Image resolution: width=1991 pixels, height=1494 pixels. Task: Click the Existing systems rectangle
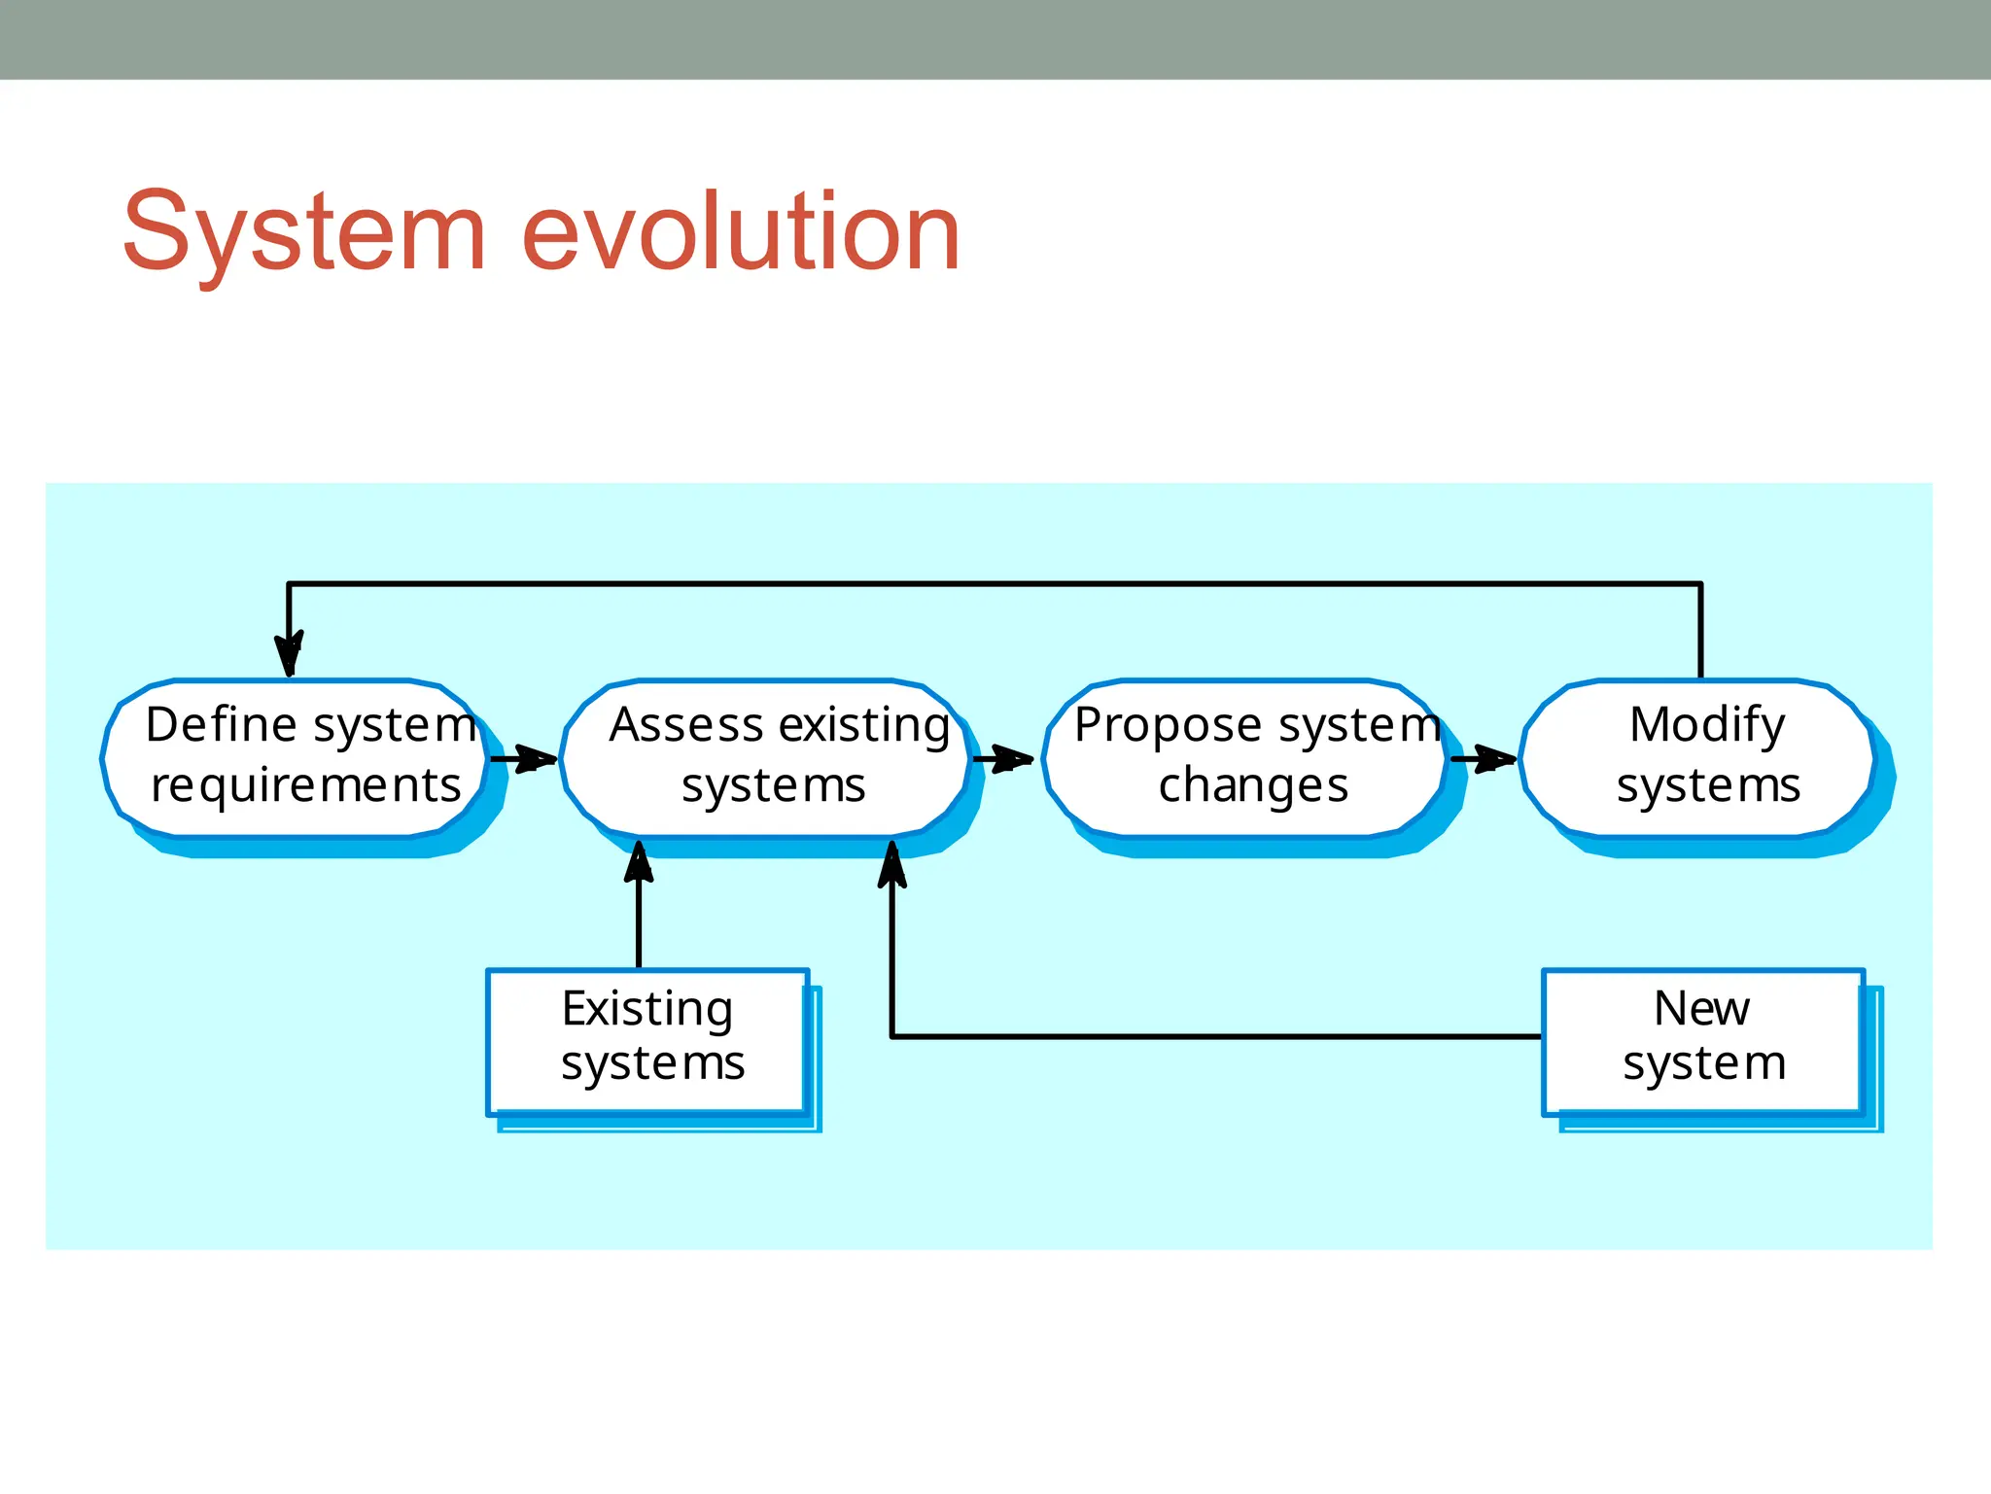pyautogui.click(x=648, y=1041)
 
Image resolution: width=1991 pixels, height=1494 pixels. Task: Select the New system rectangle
pyautogui.click(x=1703, y=1041)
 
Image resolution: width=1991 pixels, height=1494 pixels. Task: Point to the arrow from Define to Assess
pyautogui.click(x=525, y=758)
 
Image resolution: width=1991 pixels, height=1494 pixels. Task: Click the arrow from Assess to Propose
pyautogui.click(x=1003, y=758)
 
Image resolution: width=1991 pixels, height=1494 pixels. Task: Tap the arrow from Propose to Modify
pyautogui.click(x=1484, y=758)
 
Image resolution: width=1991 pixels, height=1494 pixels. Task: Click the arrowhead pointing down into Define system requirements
pyautogui.click(x=289, y=654)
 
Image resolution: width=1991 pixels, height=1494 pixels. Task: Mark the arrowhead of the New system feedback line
pyautogui.click(x=892, y=865)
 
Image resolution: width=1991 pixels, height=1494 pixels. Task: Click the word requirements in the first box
pyautogui.click(x=305, y=785)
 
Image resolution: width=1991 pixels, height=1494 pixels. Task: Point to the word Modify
pyautogui.click(x=1707, y=724)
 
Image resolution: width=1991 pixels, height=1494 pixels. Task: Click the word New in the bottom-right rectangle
pyautogui.click(x=1701, y=1008)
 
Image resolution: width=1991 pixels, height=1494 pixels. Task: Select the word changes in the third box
pyautogui.click(x=1253, y=785)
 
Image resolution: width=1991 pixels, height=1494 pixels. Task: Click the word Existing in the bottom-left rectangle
pyautogui.click(x=647, y=1009)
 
